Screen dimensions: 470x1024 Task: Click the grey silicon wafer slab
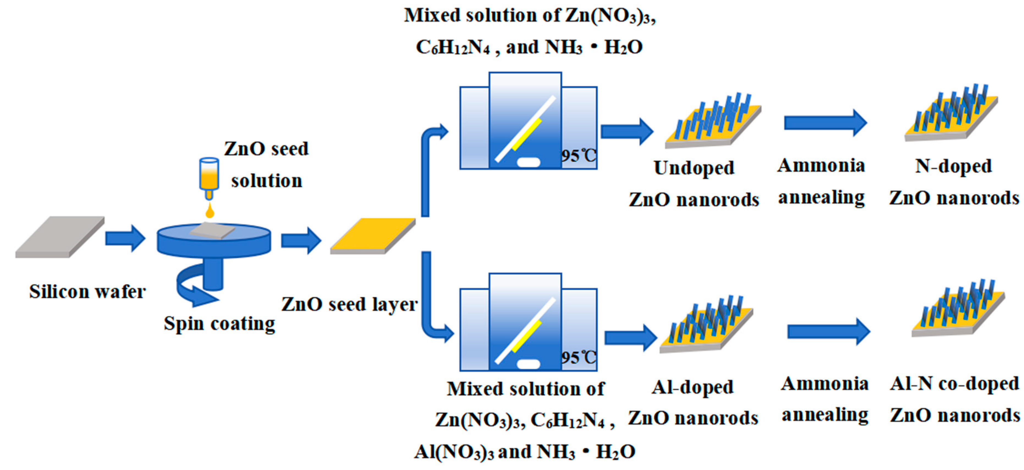[x=60, y=237]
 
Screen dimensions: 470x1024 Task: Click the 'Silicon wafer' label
[x=87, y=292]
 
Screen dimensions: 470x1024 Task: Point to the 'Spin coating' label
[x=219, y=323]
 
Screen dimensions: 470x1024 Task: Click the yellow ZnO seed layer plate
[x=373, y=235]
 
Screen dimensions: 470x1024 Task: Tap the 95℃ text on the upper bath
[x=578, y=156]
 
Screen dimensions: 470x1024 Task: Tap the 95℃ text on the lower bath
[x=578, y=357]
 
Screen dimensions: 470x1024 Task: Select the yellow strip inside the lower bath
[x=527, y=336]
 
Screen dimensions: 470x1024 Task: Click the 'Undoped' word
[x=694, y=168]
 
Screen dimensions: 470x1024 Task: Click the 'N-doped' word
[x=953, y=166]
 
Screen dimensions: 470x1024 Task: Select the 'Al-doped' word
[x=692, y=387]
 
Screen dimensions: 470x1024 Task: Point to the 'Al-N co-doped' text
[x=954, y=384]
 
